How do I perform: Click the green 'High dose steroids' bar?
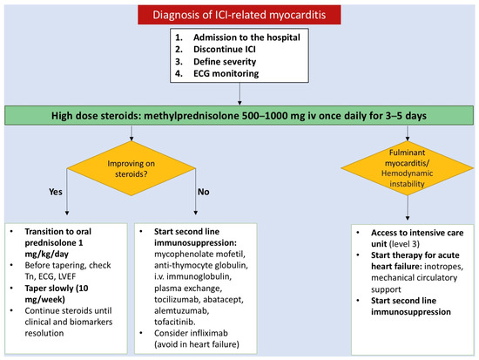(x=239, y=115)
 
